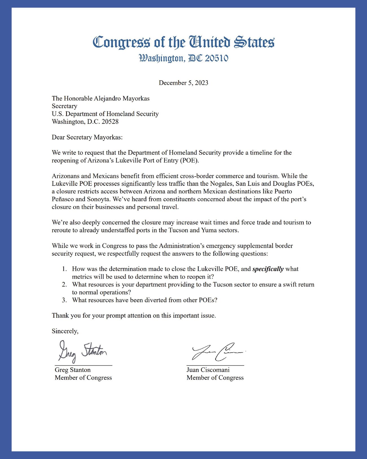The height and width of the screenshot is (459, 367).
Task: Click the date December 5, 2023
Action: [x=183, y=83]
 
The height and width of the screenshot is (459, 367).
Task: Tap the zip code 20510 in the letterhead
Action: [x=217, y=58]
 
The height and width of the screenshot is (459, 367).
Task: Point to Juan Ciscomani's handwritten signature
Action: [x=217, y=352]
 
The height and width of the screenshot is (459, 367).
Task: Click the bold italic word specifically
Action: [x=268, y=269]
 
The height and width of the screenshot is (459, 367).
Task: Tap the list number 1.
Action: [x=65, y=269]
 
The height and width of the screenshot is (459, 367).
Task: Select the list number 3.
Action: [x=65, y=300]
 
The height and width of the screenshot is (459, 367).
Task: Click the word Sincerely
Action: [x=65, y=331]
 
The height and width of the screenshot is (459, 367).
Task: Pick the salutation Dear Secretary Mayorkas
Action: [x=87, y=137]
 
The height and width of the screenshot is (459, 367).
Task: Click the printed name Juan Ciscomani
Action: [x=208, y=370]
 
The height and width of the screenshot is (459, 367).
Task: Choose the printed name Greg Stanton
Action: [x=73, y=370]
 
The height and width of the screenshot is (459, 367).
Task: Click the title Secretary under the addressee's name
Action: [x=64, y=106]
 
